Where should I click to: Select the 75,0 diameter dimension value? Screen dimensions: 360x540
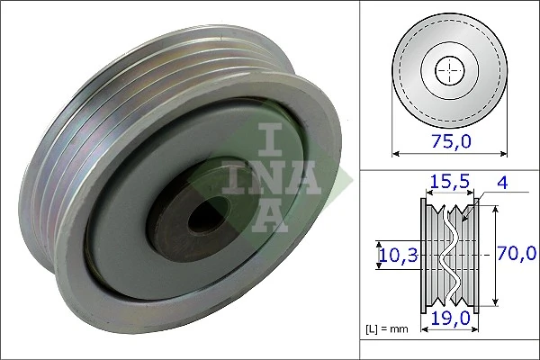[447, 142]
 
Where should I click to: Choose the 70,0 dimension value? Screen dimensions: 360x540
[518, 255]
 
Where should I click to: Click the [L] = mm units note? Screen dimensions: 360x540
[387, 329]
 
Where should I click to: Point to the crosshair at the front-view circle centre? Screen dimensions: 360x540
[447, 69]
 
